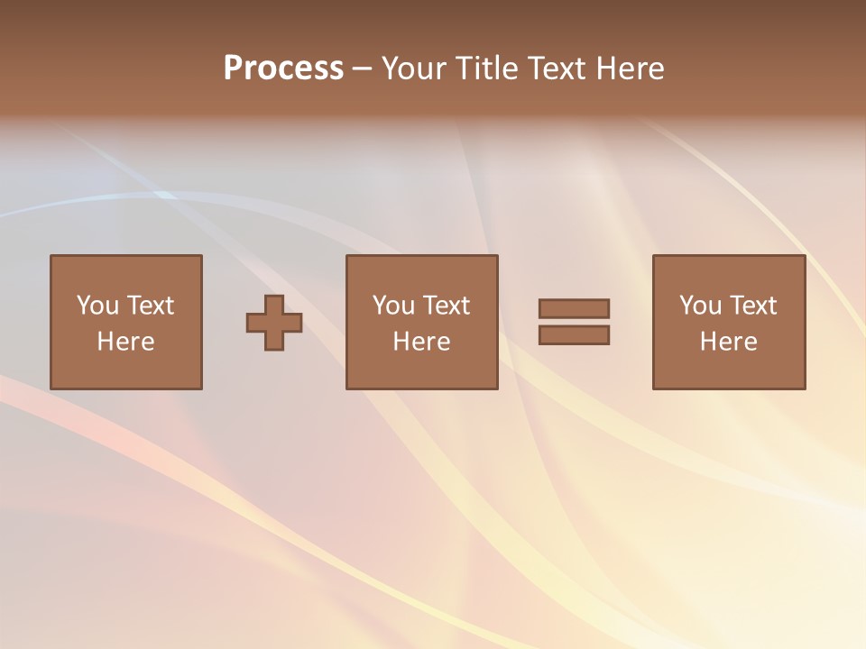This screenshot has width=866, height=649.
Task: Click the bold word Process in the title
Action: tap(283, 69)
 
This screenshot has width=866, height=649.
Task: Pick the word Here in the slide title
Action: tap(630, 69)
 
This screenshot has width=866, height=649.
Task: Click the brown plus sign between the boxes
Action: tap(274, 323)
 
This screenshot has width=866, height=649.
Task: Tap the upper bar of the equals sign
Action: tap(574, 308)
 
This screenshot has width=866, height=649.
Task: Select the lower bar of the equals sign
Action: tap(574, 335)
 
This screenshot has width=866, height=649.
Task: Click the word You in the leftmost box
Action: tap(97, 306)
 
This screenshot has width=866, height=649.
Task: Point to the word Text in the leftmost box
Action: tap(150, 306)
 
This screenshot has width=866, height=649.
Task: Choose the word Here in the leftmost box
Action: tap(125, 342)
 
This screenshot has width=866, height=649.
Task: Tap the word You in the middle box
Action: tap(393, 306)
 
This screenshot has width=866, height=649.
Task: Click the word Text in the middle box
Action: tap(446, 306)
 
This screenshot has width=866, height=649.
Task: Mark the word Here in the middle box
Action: tap(421, 342)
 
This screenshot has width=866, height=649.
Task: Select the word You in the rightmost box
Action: tap(700, 306)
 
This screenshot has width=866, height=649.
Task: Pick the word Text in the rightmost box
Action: tap(752, 306)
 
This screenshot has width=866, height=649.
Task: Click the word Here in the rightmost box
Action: tap(728, 342)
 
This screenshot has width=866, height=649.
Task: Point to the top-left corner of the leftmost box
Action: tap(51, 256)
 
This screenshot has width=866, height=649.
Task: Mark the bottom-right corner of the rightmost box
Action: tap(805, 388)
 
